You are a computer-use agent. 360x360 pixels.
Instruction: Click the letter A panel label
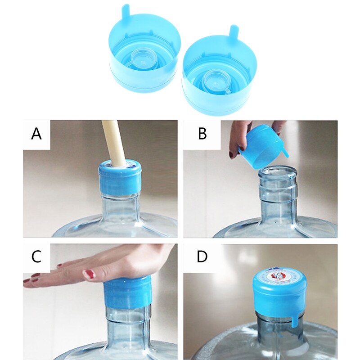tap(36, 134)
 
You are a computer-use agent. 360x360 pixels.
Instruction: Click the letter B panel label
tap(202, 134)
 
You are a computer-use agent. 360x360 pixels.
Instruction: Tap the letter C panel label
tap(36, 257)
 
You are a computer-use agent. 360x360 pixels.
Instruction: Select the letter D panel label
tap(202, 257)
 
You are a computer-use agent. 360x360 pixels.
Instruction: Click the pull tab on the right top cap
tap(233, 32)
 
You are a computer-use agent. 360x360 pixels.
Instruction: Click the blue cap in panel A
tap(120, 180)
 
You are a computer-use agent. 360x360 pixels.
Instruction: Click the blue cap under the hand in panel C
tap(128, 292)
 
